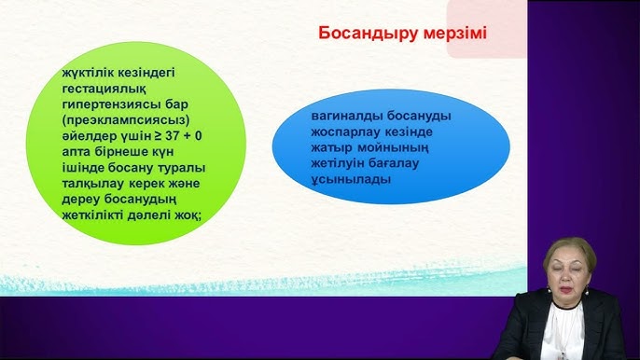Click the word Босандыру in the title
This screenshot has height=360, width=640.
point(361,33)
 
